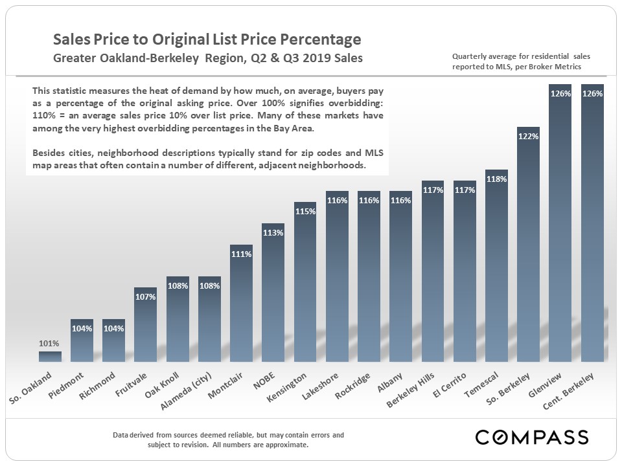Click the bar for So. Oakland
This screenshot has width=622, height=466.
[50, 356]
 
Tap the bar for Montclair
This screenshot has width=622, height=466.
[241, 304]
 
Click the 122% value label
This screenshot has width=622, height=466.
[529, 137]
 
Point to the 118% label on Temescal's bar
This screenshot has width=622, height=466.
[496, 179]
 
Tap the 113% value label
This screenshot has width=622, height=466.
[273, 233]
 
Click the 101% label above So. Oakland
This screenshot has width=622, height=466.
[50, 343]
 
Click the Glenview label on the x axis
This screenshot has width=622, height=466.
[546, 386]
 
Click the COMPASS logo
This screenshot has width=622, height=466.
[531, 437]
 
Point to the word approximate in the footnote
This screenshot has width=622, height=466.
[290, 445]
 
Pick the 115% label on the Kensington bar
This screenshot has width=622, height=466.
[305, 212]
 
